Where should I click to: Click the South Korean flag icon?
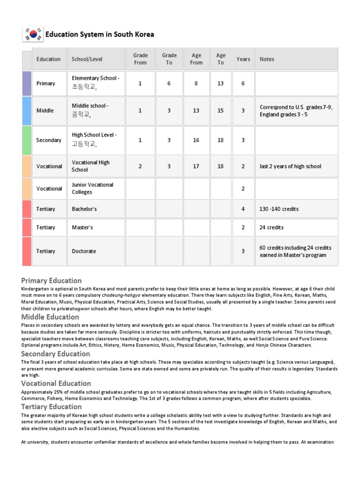(33, 34)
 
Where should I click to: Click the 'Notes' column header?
(267, 59)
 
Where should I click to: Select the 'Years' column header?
(243, 59)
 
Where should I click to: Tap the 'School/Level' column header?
(87, 59)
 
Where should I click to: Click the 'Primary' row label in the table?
(45, 83)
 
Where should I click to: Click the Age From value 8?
(196, 83)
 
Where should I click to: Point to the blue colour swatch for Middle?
(27, 111)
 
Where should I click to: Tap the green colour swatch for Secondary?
(27, 140)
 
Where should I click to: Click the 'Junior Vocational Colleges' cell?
(92, 188)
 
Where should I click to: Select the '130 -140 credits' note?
(279, 209)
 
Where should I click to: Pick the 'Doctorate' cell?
(84, 251)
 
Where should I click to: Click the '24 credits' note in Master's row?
(271, 227)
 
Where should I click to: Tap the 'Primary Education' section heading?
(52, 281)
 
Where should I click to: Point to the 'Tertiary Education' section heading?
(52, 406)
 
